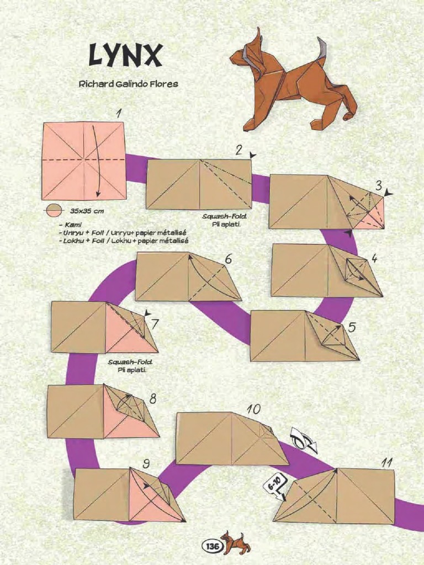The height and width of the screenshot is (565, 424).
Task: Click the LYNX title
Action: (125, 56)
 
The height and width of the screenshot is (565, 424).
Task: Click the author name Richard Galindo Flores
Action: (128, 84)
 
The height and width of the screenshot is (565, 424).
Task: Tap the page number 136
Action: (211, 546)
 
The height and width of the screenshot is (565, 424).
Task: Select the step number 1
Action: (118, 114)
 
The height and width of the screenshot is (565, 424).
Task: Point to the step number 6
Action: (229, 259)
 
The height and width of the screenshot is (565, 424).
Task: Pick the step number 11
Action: (386, 463)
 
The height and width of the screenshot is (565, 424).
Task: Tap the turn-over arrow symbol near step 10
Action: (304, 440)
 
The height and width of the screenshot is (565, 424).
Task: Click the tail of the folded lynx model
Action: (322, 49)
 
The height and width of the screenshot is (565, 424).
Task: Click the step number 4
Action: (374, 258)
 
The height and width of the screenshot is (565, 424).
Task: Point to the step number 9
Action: (145, 463)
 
